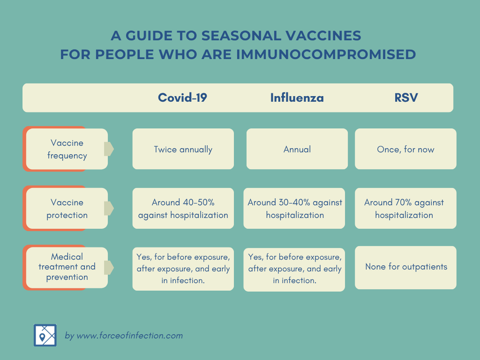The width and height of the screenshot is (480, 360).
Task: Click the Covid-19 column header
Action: pos(182,97)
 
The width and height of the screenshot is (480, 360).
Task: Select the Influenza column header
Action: pos(297,97)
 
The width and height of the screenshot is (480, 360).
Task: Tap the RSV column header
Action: pos(406,97)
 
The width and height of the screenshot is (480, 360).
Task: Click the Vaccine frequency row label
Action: pos(67,149)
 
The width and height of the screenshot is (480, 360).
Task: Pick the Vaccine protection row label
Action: pos(67,209)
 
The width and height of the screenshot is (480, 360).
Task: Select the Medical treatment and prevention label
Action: pos(67,267)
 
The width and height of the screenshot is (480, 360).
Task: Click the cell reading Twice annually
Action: pos(183,149)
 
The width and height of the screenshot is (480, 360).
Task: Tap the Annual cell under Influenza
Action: pos(297,149)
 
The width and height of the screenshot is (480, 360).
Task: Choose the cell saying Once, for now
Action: pos(405,149)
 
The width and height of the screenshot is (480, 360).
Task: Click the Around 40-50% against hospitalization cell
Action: pos(183,209)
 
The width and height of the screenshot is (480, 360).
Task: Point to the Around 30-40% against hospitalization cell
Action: pos(294,209)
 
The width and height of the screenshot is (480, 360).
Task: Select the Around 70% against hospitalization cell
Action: pos(405,209)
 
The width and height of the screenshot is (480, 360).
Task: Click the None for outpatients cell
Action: pos(405,268)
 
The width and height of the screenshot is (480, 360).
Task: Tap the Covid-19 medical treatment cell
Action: pos(183,269)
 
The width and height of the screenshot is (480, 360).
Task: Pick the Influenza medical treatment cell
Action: pos(294,270)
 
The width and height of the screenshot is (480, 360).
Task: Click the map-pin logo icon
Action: pos(45,335)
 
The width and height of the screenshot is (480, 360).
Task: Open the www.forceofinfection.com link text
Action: pos(129,336)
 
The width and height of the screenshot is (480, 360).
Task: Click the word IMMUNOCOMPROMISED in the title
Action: pos(326,54)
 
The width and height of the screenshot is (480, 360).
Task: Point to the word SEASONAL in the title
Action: pos(241,36)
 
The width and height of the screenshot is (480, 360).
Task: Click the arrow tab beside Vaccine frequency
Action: pos(109,149)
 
